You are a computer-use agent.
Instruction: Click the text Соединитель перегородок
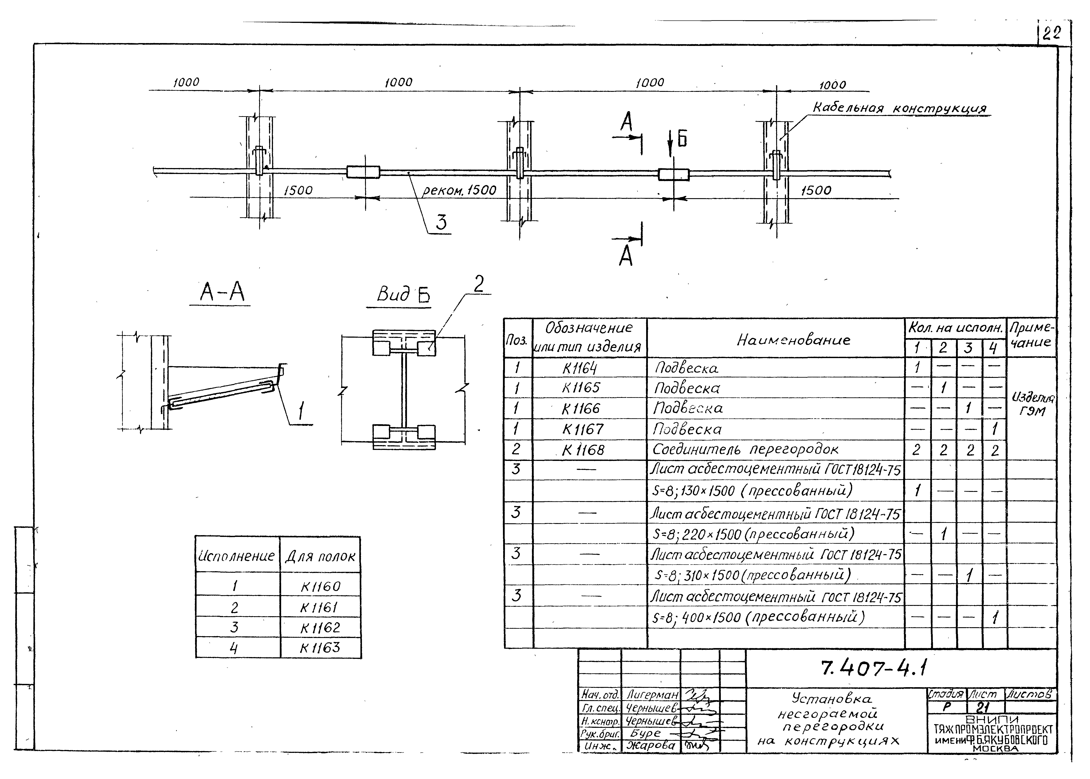coord(745,449)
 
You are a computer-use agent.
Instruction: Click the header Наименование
coord(793,340)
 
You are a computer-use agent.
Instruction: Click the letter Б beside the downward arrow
coord(682,139)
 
